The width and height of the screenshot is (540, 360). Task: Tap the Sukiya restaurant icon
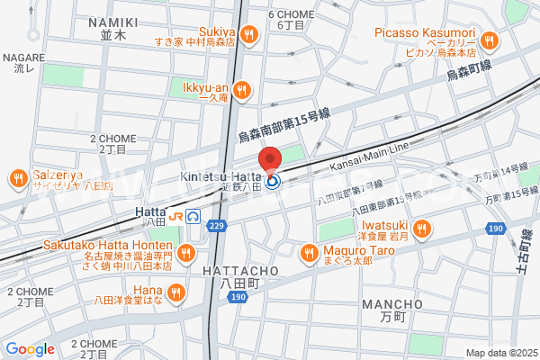[x=249, y=35]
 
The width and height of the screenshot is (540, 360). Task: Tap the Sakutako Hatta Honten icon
[x=184, y=253]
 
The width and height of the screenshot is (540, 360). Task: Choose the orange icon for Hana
[x=175, y=291]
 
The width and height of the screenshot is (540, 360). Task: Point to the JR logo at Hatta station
[x=175, y=216]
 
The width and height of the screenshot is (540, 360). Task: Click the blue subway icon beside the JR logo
[x=193, y=216]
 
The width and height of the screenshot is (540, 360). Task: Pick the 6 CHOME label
[x=290, y=15]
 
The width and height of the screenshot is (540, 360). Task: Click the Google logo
[x=30, y=349]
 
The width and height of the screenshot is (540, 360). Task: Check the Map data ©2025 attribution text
[x=500, y=353]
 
